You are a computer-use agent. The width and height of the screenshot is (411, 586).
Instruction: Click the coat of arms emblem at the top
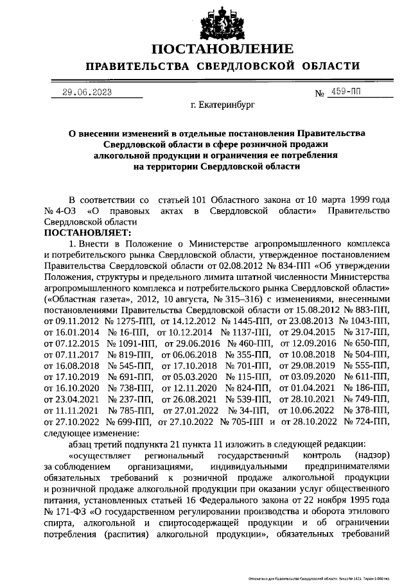point(222,21)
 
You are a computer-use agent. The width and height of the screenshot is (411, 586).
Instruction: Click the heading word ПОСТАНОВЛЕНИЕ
point(222,49)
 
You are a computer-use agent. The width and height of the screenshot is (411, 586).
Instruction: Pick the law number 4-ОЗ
point(63,211)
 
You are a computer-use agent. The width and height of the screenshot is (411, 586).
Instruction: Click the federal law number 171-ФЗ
point(63,515)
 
